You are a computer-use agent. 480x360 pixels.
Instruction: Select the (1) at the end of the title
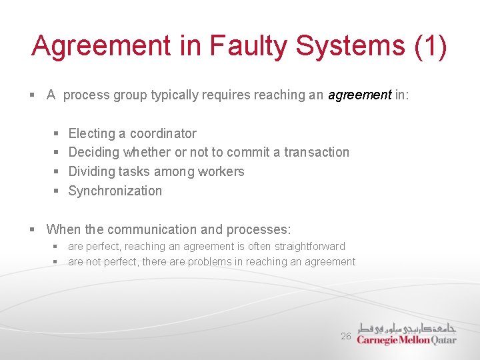431,46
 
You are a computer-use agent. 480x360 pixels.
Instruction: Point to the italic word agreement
359,95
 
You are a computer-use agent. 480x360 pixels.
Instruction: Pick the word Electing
91,133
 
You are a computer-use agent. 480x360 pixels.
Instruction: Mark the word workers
217,171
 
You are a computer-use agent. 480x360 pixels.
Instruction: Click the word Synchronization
115,191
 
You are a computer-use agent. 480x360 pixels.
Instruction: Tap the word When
63,229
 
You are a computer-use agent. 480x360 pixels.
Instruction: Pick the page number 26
345,337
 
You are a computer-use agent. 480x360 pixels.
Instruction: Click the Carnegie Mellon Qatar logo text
407,339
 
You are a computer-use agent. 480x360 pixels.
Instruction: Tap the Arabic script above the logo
407,327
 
